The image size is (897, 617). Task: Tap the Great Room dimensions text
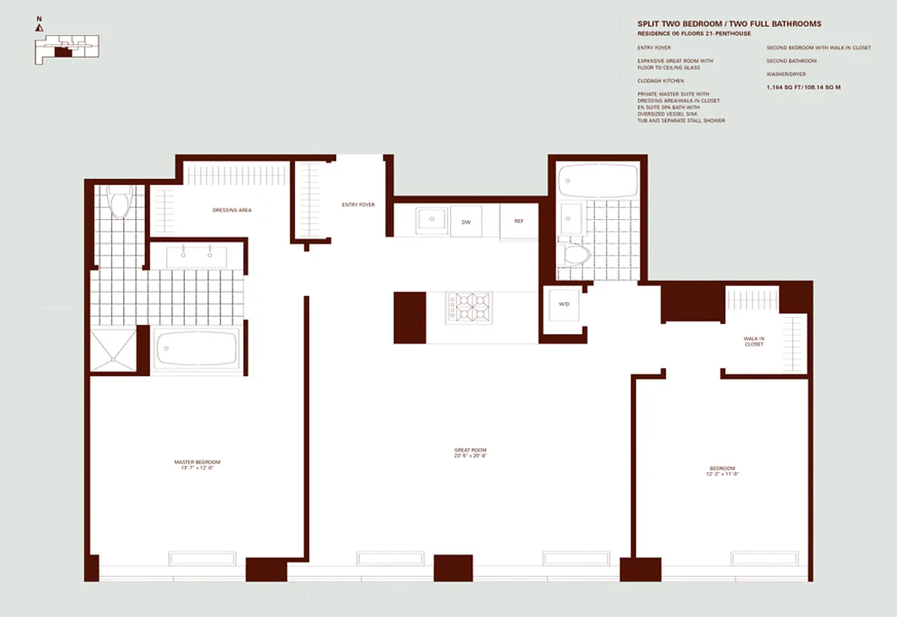point(470,456)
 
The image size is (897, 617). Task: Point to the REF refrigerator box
point(519,221)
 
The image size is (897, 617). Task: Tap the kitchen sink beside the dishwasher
point(431,220)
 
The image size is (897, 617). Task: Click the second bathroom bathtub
point(598,180)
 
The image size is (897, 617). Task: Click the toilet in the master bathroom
point(119,204)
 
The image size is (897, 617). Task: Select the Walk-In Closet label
point(754,342)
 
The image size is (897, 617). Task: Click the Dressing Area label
point(232,210)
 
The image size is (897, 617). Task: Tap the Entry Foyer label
point(358,204)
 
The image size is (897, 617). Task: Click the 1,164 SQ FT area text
point(803,87)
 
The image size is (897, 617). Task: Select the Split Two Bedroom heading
point(729,25)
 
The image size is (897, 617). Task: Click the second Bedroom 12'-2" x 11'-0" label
point(722,471)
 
